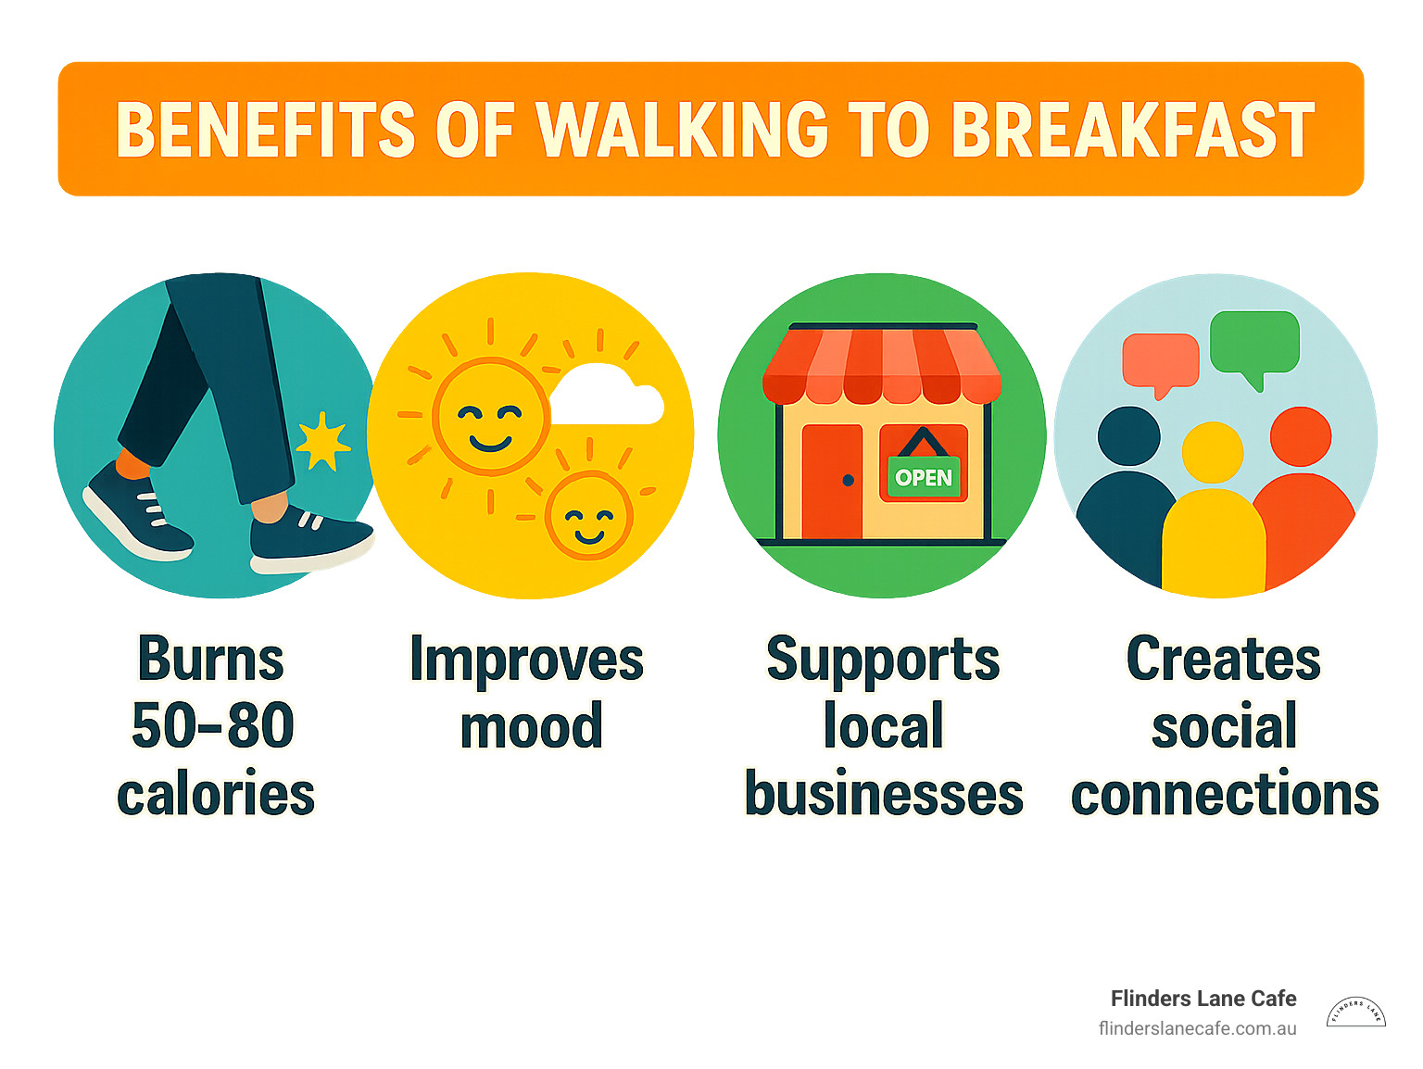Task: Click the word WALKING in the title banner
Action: coord(681,129)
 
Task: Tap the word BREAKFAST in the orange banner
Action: coord(1133,129)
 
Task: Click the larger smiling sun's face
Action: coord(490,416)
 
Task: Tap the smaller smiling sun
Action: coord(588,515)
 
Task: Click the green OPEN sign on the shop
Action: coord(923,477)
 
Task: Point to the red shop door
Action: coord(832,482)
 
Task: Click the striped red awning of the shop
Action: coord(882,365)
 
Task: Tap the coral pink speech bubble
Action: coord(1161,364)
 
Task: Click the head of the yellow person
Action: coord(1213,452)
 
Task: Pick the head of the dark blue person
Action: coord(1128,435)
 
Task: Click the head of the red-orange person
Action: coord(1301,436)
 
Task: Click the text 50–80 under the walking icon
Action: coord(213,724)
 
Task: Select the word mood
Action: coord(532,725)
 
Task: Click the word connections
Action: coord(1225,793)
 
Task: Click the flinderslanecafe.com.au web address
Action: coord(1197,1029)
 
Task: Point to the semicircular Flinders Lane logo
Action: coord(1355,1012)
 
